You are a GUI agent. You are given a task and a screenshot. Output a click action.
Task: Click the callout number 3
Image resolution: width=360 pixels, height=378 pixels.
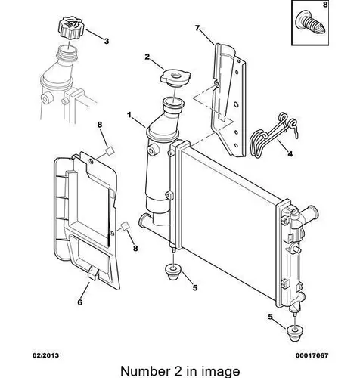[x=107, y=41]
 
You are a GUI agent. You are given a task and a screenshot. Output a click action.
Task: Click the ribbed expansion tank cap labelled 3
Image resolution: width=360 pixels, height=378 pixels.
[x=70, y=27]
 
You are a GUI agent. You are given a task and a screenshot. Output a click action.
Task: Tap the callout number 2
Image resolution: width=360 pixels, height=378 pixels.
[x=147, y=57]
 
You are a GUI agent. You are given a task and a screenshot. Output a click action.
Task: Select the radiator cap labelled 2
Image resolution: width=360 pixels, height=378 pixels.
[x=175, y=78]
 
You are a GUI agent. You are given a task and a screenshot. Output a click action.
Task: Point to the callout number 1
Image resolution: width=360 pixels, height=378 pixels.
[x=129, y=115]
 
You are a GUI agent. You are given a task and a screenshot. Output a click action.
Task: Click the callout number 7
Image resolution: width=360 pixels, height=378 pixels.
[x=197, y=28]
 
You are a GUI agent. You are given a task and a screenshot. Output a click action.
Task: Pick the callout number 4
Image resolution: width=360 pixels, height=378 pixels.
[x=290, y=153]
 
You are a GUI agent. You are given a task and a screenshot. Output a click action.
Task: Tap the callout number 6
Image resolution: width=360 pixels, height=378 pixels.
[x=80, y=302]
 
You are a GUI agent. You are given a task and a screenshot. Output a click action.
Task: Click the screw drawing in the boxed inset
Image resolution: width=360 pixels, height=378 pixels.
[x=311, y=24]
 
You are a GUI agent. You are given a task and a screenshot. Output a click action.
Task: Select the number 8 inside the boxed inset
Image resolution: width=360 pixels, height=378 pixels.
[x=325, y=5]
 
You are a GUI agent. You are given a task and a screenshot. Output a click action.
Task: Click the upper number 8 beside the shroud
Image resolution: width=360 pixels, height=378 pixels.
[x=100, y=125]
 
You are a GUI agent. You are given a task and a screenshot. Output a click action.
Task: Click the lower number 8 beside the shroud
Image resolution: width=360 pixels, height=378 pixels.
[x=135, y=249]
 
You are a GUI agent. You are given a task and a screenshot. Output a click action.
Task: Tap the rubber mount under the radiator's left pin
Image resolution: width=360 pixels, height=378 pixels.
[x=173, y=272]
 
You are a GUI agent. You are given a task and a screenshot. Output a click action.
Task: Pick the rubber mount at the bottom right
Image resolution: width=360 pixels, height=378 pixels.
[x=295, y=334]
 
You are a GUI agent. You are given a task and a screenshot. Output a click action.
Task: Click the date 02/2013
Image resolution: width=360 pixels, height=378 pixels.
[x=45, y=355]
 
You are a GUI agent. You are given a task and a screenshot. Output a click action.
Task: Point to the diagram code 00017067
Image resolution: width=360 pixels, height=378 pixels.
[x=312, y=355]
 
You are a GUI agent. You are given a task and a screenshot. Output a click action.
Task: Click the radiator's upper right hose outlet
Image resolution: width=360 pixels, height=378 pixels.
[x=310, y=213]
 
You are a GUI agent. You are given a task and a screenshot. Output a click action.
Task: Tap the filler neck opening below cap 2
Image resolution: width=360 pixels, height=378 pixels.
[x=173, y=103]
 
